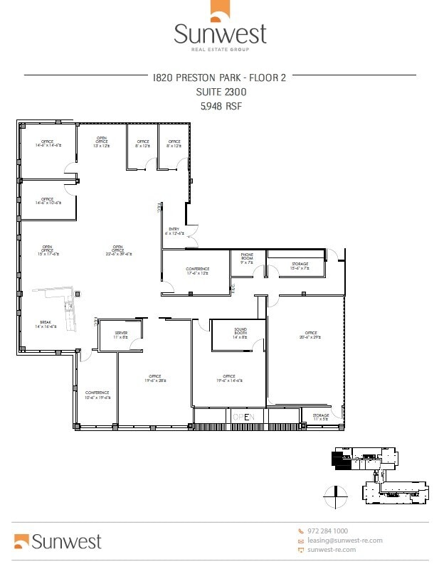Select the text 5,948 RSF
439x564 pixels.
click(x=220, y=106)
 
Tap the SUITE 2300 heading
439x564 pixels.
click(x=220, y=92)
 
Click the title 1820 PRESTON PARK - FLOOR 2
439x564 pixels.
click(x=219, y=78)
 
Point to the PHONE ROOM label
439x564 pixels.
click(x=247, y=257)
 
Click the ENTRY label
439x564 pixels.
click(x=174, y=230)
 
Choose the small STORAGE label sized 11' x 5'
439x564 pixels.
click(x=321, y=416)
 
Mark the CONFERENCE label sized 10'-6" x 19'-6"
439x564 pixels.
click(x=97, y=395)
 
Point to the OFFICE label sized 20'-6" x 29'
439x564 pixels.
click(x=311, y=334)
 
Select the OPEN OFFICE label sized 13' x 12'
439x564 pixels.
click(x=102, y=142)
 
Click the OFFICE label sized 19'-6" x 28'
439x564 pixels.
click(x=154, y=378)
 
